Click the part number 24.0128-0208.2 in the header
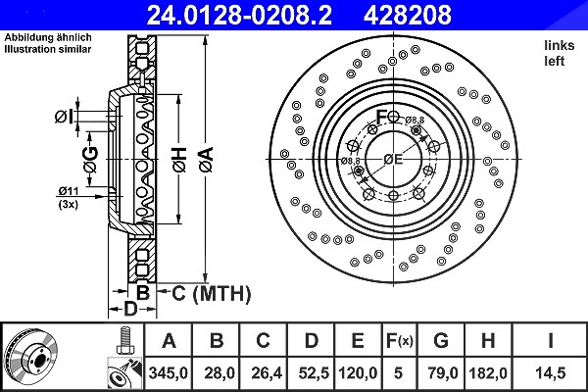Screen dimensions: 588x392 pos(239,15)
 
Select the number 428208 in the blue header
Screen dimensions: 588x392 pos(408,15)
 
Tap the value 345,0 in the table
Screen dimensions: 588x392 pos(168,373)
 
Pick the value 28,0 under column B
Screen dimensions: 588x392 pos(220,373)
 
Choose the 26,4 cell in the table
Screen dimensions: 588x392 pos(267,373)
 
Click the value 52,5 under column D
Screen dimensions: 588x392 pos(314,373)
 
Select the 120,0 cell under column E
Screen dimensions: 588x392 pos(358,373)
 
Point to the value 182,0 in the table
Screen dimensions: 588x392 pos(488,373)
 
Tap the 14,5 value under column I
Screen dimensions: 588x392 pos(550,373)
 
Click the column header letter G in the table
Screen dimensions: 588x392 pos(441,341)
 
